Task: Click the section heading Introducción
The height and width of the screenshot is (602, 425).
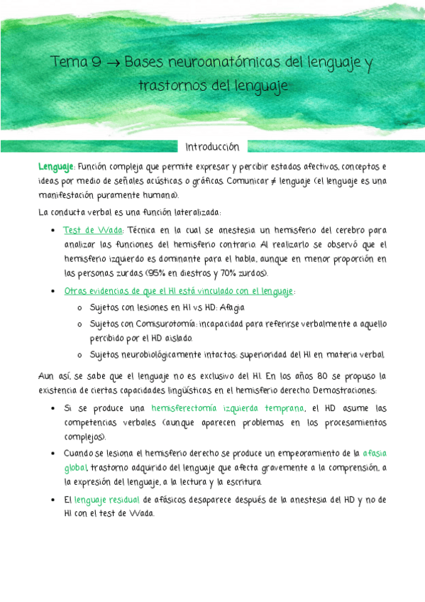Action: pyautogui.click(x=212, y=147)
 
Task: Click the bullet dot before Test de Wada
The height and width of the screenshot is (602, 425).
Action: pyautogui.click(x=55, y=231)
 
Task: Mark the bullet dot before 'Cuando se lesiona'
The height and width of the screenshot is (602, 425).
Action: pyautogui.click(x=55, y=451)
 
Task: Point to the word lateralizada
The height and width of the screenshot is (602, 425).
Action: pyautogui.click(x=191, y=212)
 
